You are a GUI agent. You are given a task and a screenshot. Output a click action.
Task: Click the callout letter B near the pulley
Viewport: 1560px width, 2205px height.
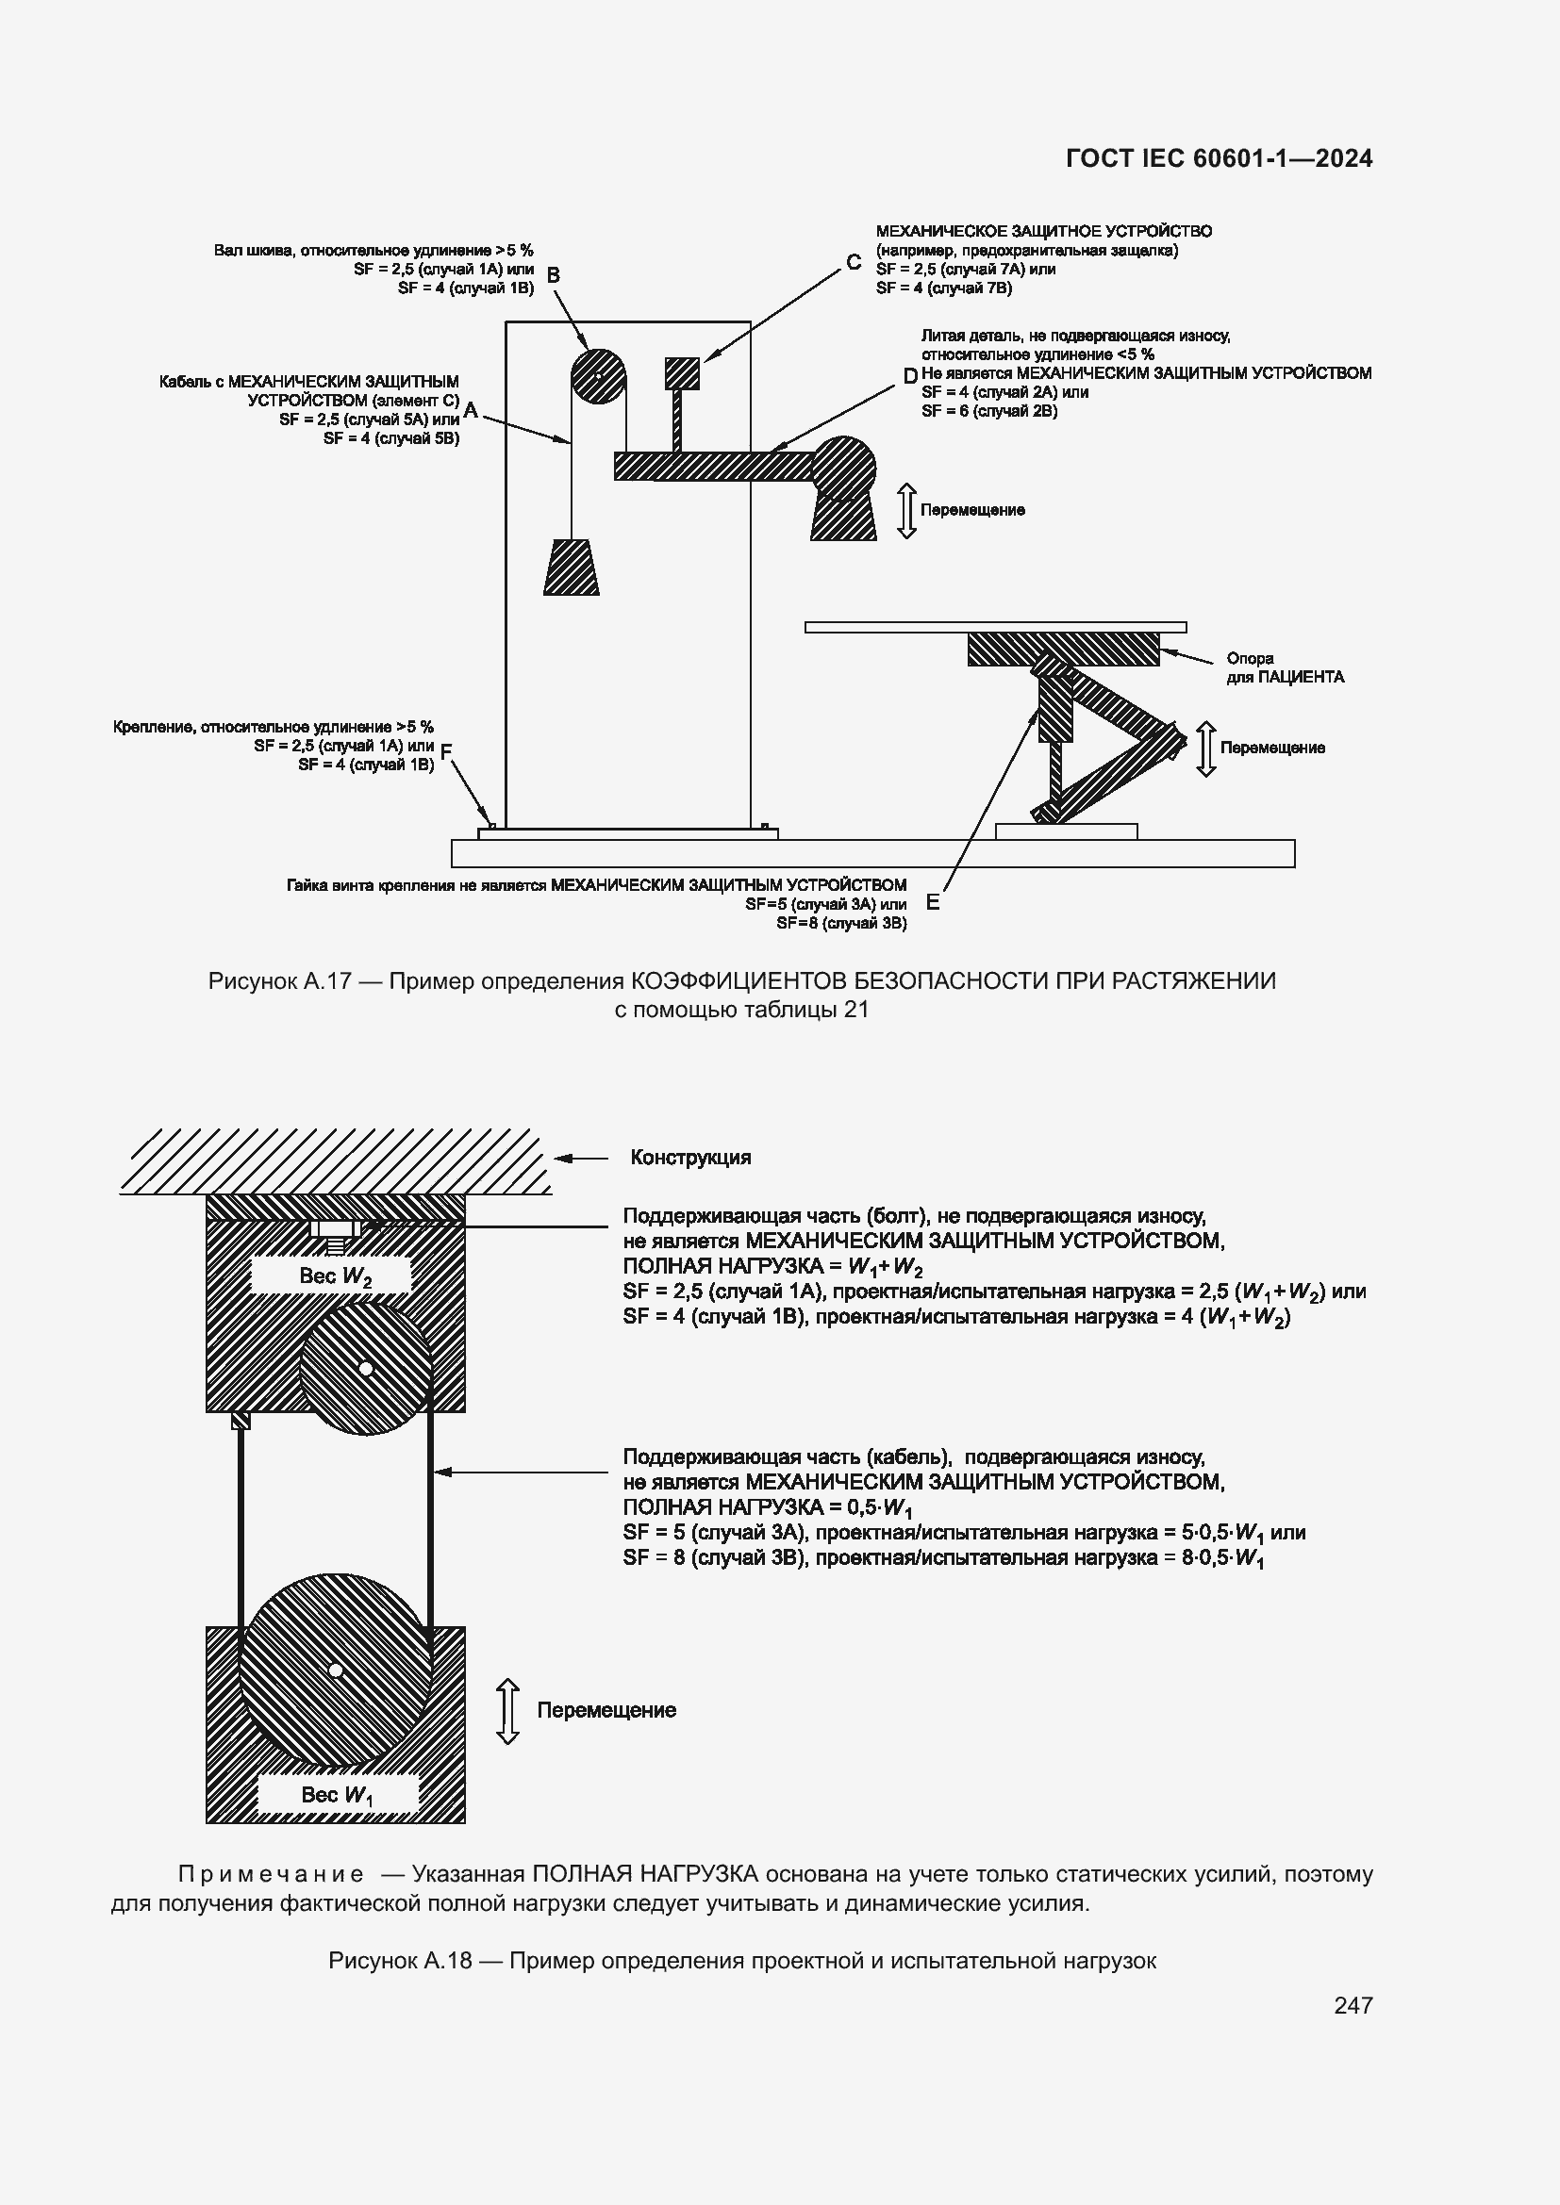point(554,275)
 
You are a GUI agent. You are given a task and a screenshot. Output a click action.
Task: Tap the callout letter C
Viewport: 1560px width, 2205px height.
point(853,263)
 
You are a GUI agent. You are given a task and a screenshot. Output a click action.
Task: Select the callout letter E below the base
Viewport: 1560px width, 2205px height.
point(932,903)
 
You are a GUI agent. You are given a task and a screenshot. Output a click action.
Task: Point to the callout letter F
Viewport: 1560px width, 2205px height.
point(446,750)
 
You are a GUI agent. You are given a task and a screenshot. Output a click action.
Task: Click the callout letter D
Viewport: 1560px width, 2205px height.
point(909,376)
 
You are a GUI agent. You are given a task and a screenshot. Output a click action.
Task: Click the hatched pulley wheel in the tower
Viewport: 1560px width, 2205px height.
point(597,375)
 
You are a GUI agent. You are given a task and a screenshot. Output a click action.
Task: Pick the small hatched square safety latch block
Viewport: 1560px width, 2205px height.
point(682,372)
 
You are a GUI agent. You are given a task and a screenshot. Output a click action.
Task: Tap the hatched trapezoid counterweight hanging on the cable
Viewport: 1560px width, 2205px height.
point(572,568)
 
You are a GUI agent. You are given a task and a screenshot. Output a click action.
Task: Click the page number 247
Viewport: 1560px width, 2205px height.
point(1353,2005)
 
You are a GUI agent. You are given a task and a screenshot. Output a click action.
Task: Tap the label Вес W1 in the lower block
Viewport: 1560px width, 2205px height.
point(336,1795)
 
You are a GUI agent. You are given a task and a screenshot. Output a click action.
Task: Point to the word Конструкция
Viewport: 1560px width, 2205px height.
point(689,1158)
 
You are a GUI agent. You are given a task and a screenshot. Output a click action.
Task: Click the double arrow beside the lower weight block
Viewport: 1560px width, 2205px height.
point(507,1710)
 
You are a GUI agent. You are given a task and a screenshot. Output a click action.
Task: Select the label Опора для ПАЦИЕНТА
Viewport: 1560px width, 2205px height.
point(1285,667)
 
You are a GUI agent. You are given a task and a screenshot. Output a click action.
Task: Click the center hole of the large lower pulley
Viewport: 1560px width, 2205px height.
point(335,1670)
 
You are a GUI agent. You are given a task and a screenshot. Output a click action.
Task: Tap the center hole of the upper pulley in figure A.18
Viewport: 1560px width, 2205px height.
point(365,1368)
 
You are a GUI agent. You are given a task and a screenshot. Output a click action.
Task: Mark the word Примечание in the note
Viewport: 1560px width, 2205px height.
point(271,1874)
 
